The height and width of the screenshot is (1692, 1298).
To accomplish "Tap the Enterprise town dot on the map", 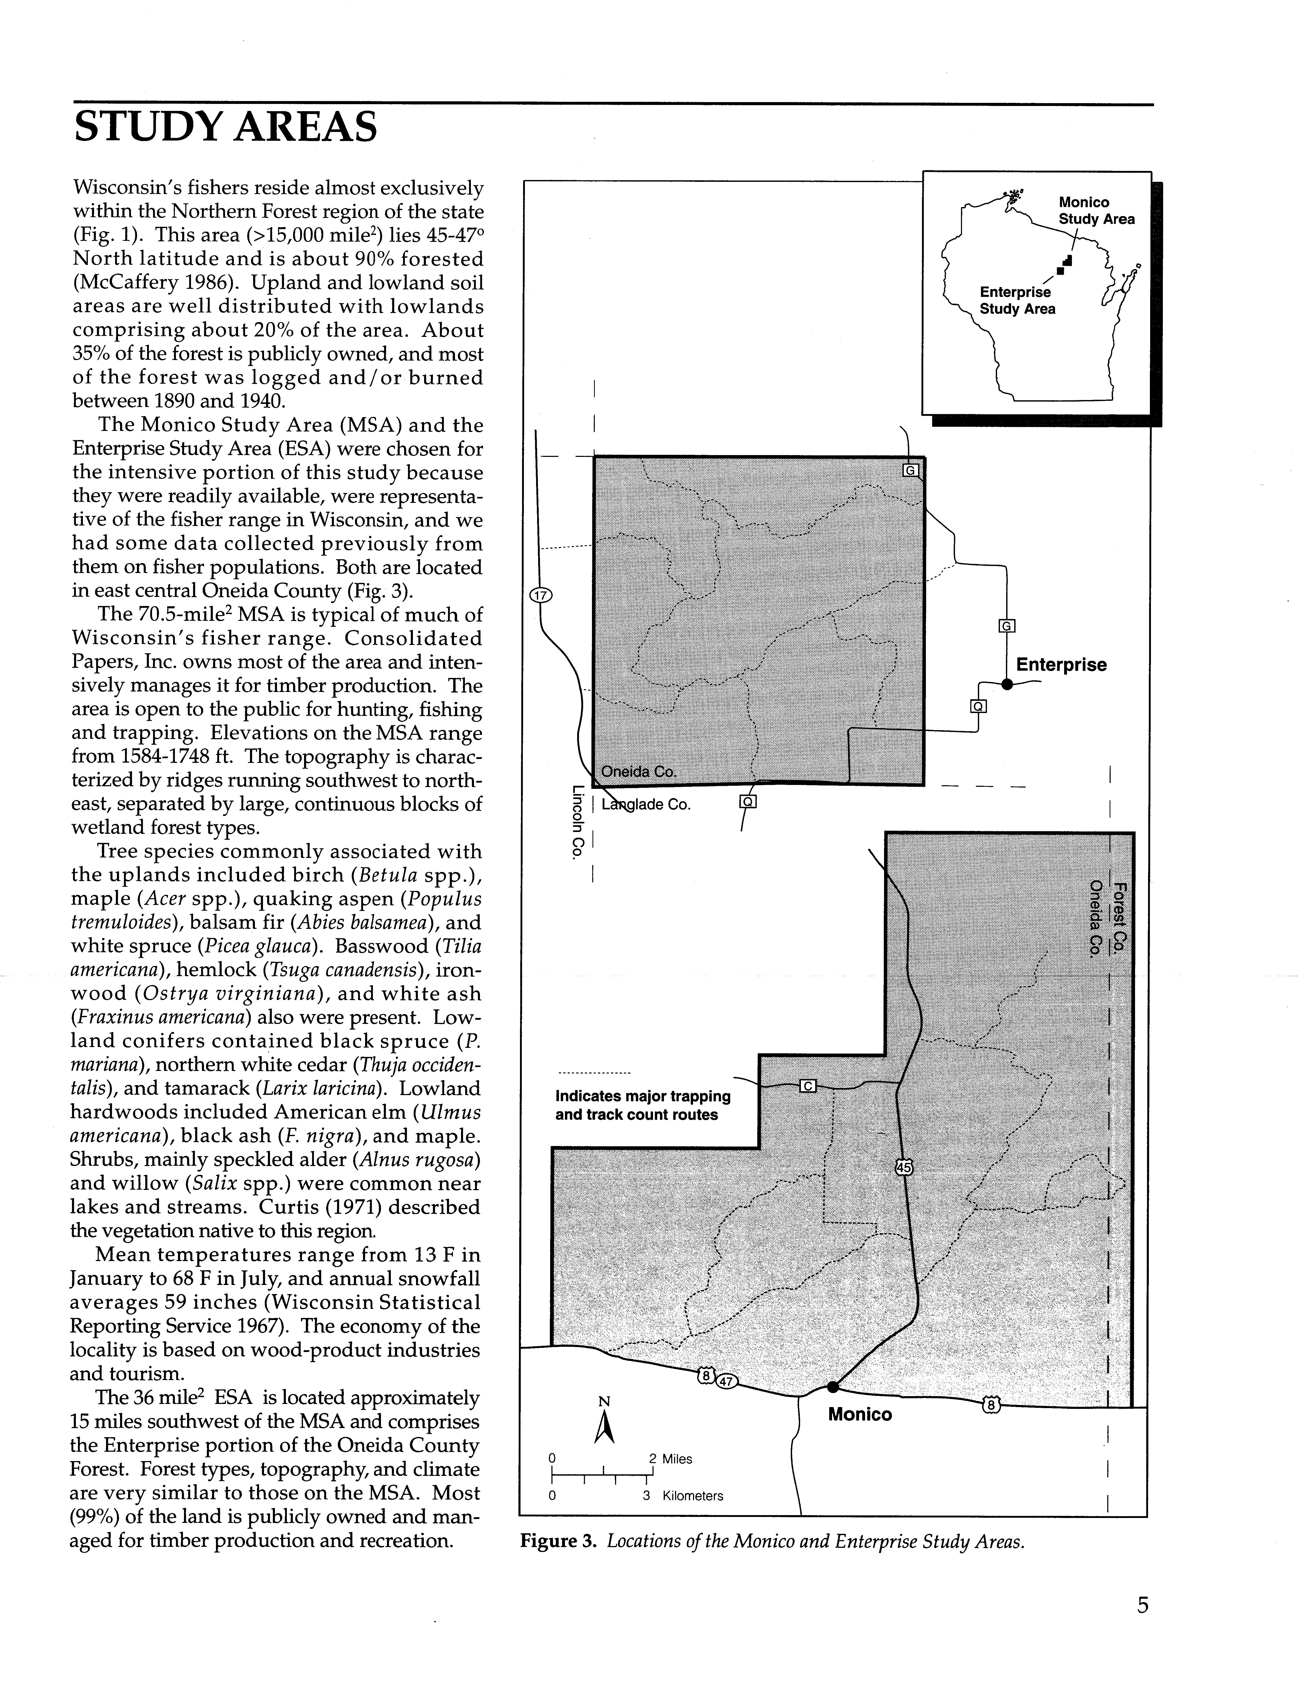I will pyautogui.click(x=1007, y=683).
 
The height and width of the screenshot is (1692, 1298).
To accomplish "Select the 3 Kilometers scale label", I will pyautogui.click(x=683, y=1496).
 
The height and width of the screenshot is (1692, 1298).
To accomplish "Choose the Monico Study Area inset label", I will pyautogui.click(x=1096, y=210).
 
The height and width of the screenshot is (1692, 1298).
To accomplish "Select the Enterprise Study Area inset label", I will pyautogui.click(x=1017, y=301).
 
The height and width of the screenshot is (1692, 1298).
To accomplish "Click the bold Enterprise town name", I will pyautogui.click(x=1061, y=665).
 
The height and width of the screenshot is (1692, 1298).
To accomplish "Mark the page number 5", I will pyautogui.click(x=1143, y=1606).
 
